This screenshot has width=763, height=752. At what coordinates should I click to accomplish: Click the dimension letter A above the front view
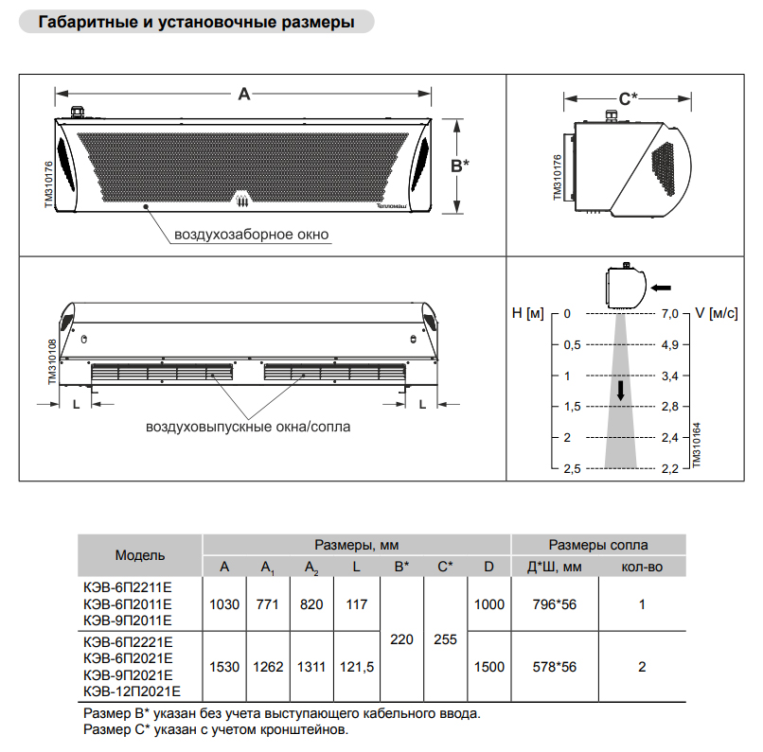243,94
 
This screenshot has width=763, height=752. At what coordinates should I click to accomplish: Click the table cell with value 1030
224,604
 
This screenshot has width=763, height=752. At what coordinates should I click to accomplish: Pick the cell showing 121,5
356,667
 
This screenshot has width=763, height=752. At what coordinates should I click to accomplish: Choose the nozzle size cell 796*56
555,604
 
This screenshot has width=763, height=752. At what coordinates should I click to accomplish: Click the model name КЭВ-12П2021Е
129,691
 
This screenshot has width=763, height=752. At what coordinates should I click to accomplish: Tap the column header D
488,568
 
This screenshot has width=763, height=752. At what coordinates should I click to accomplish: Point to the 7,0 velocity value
670,312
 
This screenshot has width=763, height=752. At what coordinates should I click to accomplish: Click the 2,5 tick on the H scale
572,469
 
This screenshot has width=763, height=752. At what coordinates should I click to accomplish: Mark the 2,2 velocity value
670,469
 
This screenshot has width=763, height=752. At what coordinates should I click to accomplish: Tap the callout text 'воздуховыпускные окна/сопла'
247,427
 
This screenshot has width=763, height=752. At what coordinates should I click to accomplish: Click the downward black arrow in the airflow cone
621,390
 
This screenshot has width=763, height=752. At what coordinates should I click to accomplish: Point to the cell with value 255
445,640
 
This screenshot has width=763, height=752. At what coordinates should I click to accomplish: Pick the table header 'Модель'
140,555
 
